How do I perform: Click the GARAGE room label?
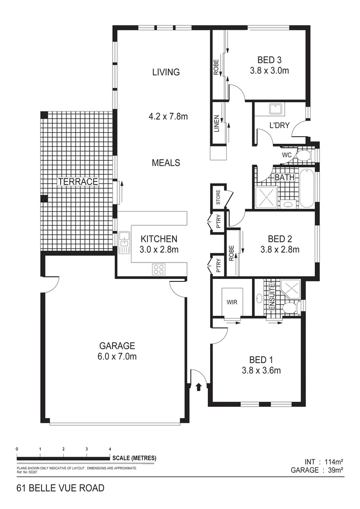tap(117, 345)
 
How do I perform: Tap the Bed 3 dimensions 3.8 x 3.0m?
tap(269, 71)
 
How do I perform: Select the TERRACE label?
tap(78, 181)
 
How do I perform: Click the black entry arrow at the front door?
tap(198, 387)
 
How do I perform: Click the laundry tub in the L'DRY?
tap(275, 109)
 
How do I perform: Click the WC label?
tap(286, 155)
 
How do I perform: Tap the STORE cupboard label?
tap(218, 197)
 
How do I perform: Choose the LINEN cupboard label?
tap(217, 123)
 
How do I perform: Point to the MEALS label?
tap(166, 163)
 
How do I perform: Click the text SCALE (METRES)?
tap(134, 458)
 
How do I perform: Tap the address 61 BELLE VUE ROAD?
tap(60, 488)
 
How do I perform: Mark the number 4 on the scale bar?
tap(110, 449)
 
